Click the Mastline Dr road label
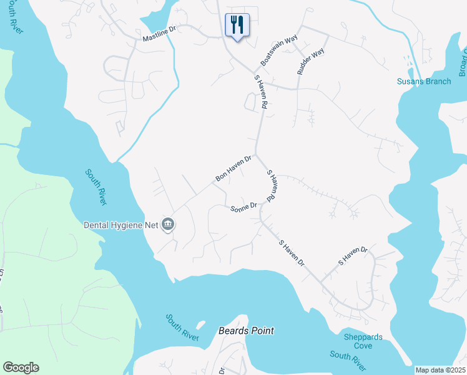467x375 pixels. click(x=160, y=38)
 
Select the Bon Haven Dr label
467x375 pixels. click(x=233, y=169)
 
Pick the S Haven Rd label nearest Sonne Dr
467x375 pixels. click(x=272, y=186)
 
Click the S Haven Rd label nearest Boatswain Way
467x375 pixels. click(x=260, y=94)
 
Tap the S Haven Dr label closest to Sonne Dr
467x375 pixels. click(x=291, y=253)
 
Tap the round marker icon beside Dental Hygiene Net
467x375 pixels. click(x=168, y=224)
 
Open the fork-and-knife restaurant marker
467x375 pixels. click(x=237, y=26)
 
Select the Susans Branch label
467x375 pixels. click(x=424, y=81)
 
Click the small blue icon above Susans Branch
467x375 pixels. click(x=408, y=62)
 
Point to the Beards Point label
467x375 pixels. click(x=246, y=331)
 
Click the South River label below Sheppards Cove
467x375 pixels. click(x=348, y=360)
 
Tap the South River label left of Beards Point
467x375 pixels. click(x=182, y=327)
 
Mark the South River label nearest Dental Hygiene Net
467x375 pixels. click(x=96, y=187)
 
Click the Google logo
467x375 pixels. click(x=21, y=367)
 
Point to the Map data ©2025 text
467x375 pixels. click(x=440, y=370)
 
